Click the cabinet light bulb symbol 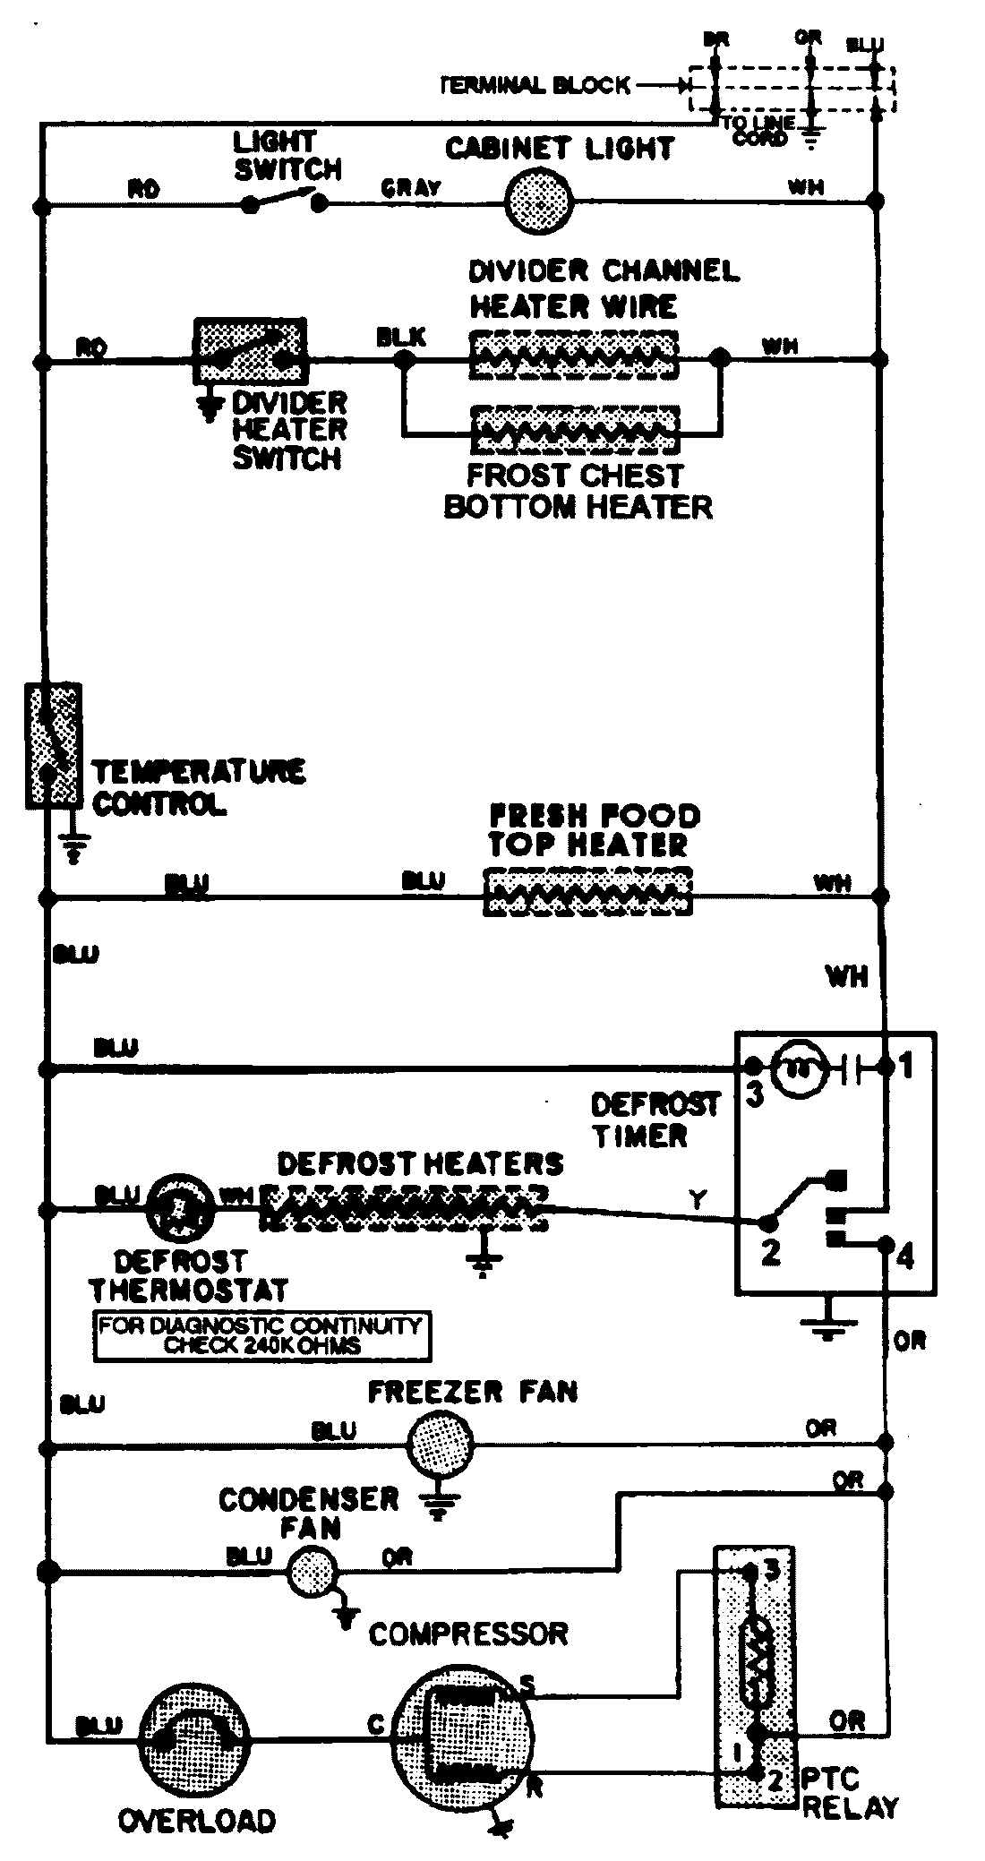click(537, 200)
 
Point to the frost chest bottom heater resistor click(573, 432)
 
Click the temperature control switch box click(54, 745)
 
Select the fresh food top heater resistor click(587, 893)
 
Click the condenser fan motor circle click(313, 1572)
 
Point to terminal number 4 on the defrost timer click(904, 1256)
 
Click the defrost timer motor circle click(793, 1067)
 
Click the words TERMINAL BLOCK click(535, 86)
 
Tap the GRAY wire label click(411, 188)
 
